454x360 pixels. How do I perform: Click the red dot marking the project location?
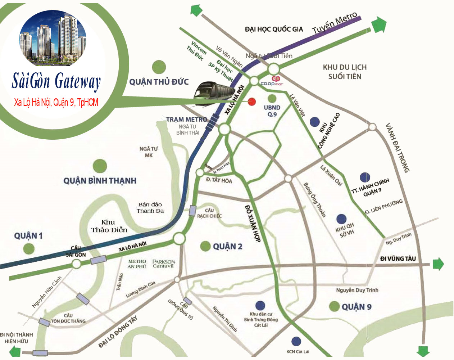(x=252, y=102)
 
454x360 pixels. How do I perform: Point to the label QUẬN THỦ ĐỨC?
(x=159, y=82)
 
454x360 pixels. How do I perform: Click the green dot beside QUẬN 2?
(x=205, y=246)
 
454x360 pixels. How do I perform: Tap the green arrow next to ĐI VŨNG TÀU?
(x=438, y=264)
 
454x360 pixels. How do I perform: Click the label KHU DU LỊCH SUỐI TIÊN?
(x=344, y=72)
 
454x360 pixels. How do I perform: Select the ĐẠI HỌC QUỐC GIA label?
(x=274, y=30)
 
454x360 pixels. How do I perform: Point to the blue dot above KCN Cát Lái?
(x=296, y=341)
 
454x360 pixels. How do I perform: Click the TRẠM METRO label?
(x=186, y=119)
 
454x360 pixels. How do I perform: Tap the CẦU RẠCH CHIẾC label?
(x=209, y=213)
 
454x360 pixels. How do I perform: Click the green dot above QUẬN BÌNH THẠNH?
(x=100, y=166)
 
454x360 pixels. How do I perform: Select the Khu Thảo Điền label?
(x=109, y=226)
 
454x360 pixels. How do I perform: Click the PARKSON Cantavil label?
(x=163, y=264)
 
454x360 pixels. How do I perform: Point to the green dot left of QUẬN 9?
(x=334, y=306)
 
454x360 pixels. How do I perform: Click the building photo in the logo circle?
(x=53, y=38)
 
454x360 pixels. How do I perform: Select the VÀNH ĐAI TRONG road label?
(x=398, y=148)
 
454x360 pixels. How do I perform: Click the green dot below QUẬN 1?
(x=28, y=248)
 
